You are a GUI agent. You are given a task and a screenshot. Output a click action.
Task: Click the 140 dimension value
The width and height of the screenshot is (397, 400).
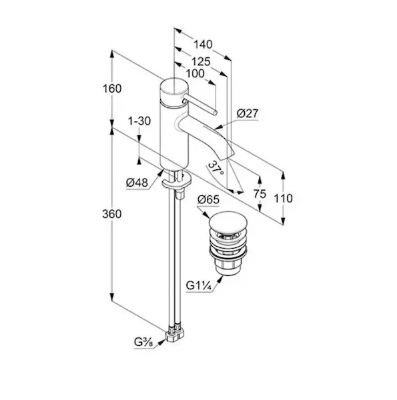point(203,45)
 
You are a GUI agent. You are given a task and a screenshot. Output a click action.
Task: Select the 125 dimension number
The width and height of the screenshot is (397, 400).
point(201,62)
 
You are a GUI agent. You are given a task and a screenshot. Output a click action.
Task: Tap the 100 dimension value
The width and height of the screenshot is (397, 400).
point(195,74)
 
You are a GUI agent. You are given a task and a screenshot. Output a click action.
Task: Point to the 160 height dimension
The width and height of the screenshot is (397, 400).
point(112,89)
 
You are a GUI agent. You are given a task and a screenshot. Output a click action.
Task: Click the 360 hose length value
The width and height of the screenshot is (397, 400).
point(112,214)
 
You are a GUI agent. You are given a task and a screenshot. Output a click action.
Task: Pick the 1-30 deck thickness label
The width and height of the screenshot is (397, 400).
point(139,121)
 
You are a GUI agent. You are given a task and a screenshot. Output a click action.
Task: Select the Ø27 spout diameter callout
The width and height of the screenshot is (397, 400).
point(248,113)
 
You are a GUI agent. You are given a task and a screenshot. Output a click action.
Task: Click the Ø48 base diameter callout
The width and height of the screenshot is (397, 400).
point(137,183)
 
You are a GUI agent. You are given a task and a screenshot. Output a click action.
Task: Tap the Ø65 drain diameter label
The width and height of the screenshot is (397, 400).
point(208,199)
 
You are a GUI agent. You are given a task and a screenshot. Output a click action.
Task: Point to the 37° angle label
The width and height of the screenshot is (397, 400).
point(216,169)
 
